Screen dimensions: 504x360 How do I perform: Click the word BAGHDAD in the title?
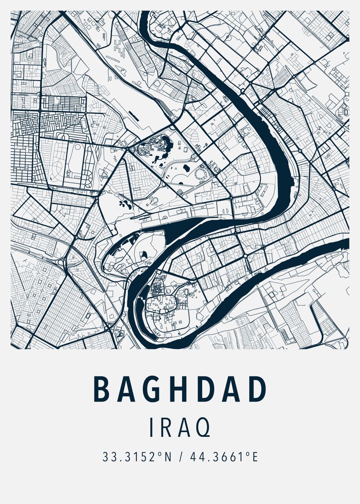tap(180, 389)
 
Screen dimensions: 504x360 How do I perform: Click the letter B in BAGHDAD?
tap(101, 389)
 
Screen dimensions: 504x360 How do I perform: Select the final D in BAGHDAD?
tap(258, 389)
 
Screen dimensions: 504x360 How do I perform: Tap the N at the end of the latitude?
tap(168, 457)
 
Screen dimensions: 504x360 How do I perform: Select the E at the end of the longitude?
tap(255, 457)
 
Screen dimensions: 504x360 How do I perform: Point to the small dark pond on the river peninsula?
tap(145, 253)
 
